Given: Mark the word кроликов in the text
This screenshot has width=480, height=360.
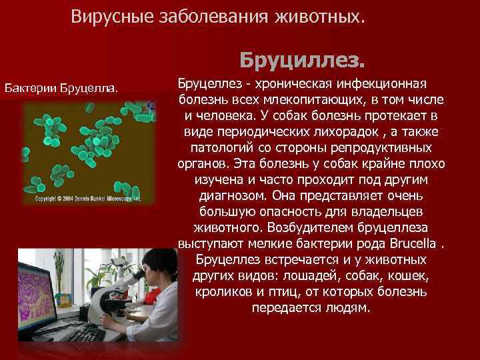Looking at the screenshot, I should [x=222, y=293].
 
